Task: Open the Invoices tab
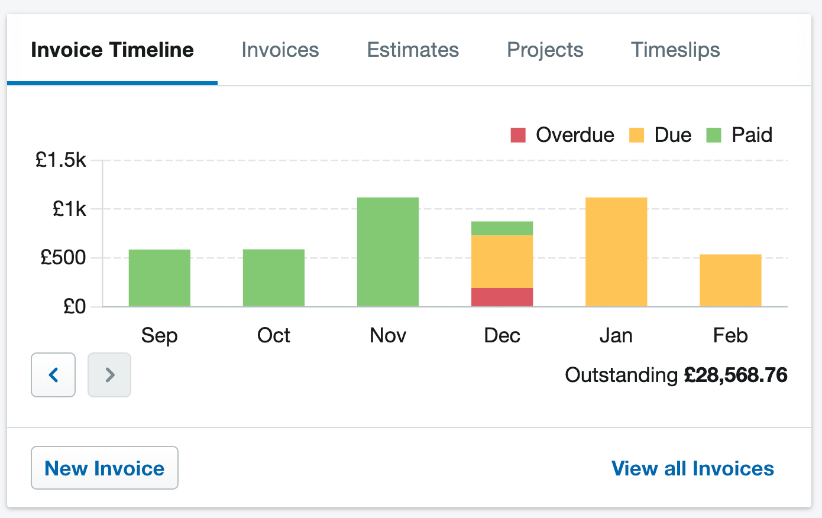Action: [280, 50]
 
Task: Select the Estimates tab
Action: [413, 50]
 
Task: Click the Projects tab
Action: [545, 50]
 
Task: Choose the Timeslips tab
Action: [675, 50]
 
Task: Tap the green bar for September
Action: [160, 278]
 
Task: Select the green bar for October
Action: [274, 278]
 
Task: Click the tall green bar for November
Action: [388, 252]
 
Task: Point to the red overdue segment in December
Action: [502, 297]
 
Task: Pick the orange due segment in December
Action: [502, 261]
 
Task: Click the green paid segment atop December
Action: [502, 228]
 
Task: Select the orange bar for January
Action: [616, 252]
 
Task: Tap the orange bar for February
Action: [730, 280]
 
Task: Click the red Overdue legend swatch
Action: [518, 135]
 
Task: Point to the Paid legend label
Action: [752, 135]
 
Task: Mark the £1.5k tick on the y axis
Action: [61, 160]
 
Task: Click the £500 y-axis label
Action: [63, 258]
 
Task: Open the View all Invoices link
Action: [692, 468]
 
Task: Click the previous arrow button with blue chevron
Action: [53, 375]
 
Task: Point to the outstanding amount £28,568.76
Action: [736, 375]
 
